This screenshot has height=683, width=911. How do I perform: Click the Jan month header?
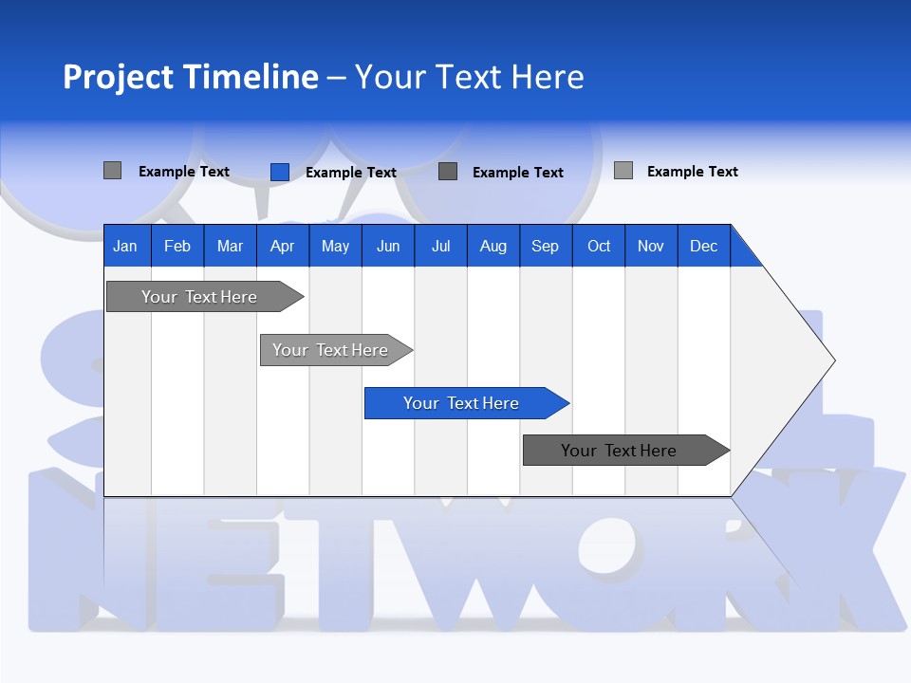point(126,246)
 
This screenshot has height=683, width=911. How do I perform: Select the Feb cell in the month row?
point(177,246)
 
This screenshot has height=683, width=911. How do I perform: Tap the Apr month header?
point(282,246)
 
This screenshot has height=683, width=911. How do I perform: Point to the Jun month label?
point(388,246)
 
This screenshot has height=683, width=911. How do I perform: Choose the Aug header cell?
point(493,246)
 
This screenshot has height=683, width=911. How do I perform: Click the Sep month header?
point(546,246)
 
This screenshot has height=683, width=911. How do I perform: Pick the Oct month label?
point(599,246)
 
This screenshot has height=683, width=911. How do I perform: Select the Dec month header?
point(704,246)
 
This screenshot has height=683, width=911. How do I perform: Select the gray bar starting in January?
point(200,297)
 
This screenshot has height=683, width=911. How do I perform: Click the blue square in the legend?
point(280,172)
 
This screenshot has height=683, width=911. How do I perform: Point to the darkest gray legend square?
point(448,172)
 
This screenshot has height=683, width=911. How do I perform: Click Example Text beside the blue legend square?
point(351,173)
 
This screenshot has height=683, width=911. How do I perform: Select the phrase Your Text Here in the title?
point(470,77)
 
